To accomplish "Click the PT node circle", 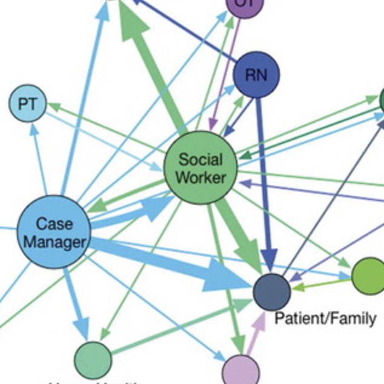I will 27,104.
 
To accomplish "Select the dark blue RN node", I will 256,74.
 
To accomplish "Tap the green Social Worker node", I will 200,168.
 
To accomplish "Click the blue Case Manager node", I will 53,233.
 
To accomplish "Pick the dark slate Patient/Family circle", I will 272,292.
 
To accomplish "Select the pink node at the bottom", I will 240,371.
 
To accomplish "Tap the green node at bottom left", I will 93,360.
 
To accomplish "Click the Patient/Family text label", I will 325,318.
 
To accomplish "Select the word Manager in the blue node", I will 55,242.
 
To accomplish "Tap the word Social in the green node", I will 200,160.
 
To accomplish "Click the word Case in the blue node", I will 55,224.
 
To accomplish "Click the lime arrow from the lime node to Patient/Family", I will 321,281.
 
